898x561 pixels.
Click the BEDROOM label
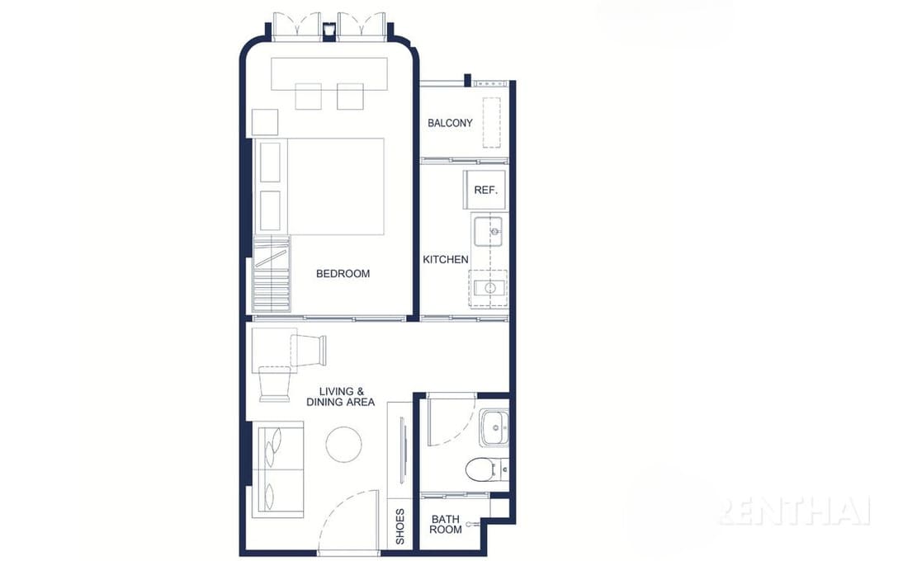point(343,274)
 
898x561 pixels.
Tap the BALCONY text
point(450,122)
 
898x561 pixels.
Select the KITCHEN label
point(446,259)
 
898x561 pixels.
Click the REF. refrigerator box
point(484,190)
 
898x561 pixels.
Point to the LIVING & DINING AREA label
point(340,397)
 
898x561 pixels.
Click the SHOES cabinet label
point(400,526)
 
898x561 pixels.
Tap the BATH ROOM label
point(446,525)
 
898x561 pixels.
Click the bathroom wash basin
point(494,427)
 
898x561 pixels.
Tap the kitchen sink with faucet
point(489,231)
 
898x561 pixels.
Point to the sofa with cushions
point(278,469)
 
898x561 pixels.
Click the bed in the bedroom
point(319,186)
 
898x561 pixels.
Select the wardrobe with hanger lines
point(272,274)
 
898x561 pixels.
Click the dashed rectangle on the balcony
point(491,123)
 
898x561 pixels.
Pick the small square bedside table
point(265,122)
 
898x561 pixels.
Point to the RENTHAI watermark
point(795,511)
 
